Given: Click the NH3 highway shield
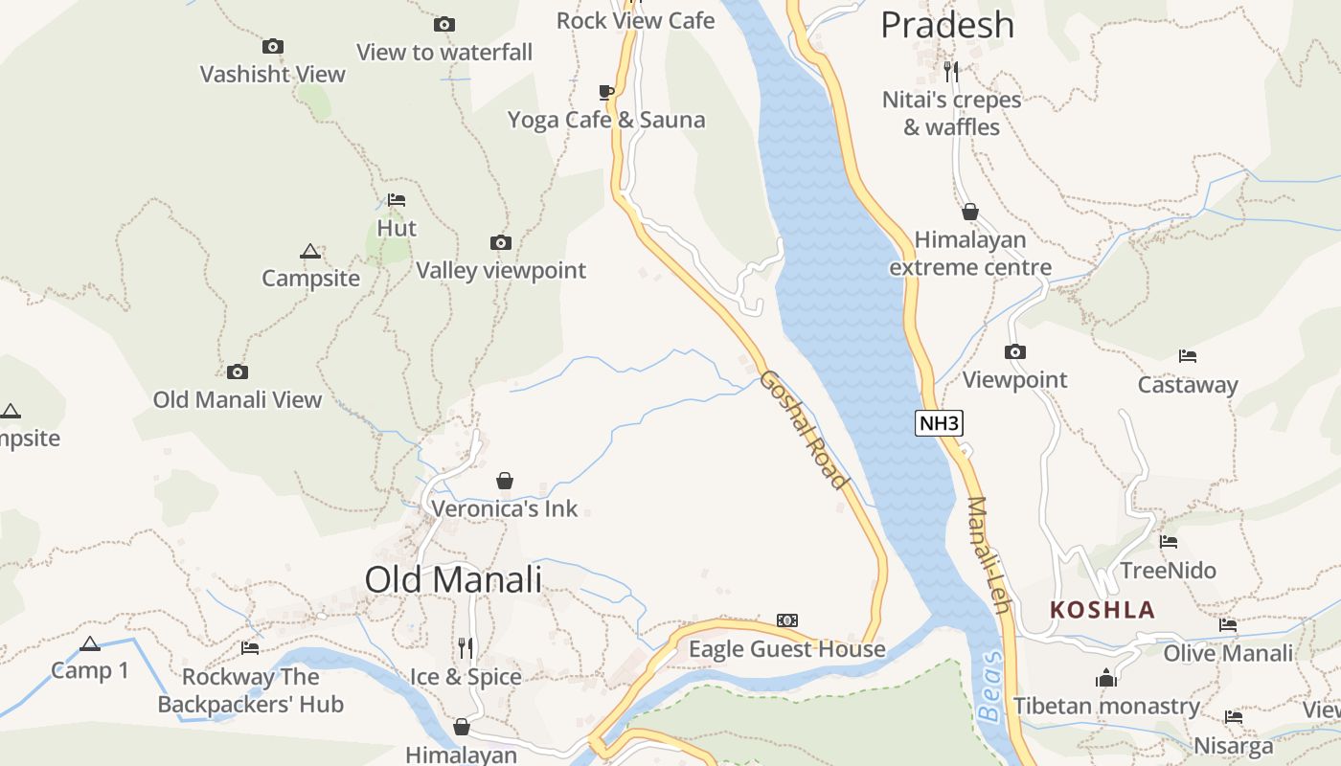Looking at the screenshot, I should (938, 423).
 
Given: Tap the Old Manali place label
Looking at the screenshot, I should (453, 579).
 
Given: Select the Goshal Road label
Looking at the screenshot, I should (805, 430).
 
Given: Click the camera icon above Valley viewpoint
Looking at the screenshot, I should (500, 242).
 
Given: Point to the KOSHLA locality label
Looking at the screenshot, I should (1102, 610).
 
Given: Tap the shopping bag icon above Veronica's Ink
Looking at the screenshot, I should (505, 481).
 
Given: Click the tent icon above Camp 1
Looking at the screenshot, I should (90, 643).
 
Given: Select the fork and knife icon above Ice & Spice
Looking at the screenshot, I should (466, 648).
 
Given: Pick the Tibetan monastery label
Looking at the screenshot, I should (1106, 707).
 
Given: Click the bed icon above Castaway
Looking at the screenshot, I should (1188, 356).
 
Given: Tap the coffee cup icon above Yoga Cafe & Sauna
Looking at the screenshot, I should (605, 92).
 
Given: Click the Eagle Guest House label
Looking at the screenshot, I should (787, 649).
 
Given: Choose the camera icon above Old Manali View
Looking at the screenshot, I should (238, 372).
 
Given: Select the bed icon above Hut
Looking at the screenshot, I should (397, 200).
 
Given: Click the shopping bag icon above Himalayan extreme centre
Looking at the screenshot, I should (970, 212).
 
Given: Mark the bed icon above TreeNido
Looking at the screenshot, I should (1169, 542).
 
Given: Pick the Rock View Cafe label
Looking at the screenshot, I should (635, 20).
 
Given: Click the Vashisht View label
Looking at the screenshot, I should (273, 74).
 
